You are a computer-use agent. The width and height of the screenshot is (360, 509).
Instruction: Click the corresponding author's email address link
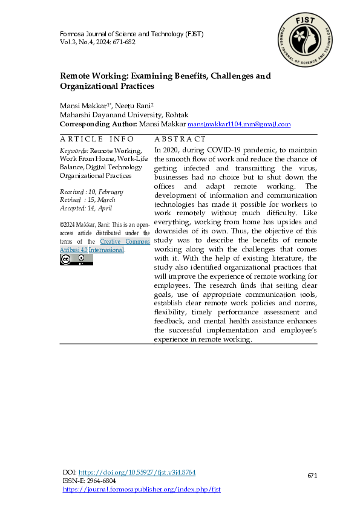(239, 124)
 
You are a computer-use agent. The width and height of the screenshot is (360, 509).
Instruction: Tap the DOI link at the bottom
(137, 472)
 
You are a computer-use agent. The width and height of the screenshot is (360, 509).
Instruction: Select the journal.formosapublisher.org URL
(142, 489)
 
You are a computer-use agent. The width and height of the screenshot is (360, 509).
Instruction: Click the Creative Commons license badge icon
(76, 259)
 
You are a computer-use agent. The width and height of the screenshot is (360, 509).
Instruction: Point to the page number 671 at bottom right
(312, 476)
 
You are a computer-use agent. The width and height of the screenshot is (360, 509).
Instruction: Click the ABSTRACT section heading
(180, 139)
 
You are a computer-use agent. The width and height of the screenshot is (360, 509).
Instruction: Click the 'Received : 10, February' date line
(91, 192)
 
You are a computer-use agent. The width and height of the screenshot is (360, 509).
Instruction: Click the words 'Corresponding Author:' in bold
(98, 124)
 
